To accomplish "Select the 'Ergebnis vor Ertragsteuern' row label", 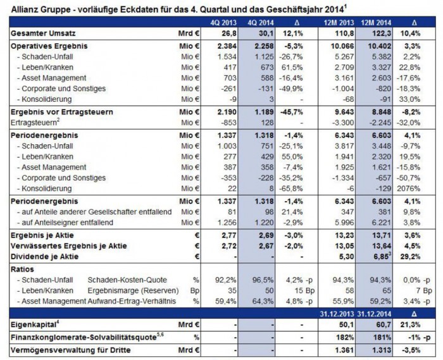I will pos(56,111).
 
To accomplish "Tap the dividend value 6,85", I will pos(378,256).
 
